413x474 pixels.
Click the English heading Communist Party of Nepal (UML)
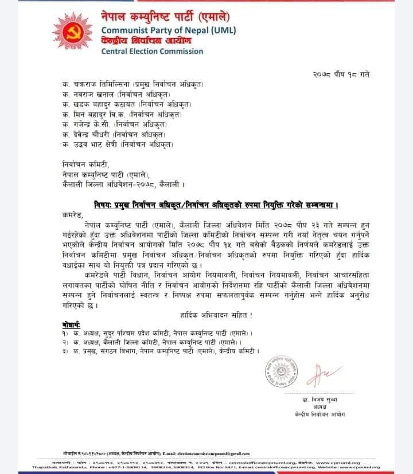(x=168, y=30)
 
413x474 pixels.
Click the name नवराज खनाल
(x=91, y=95)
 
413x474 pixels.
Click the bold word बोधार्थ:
(x=73, y=324)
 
